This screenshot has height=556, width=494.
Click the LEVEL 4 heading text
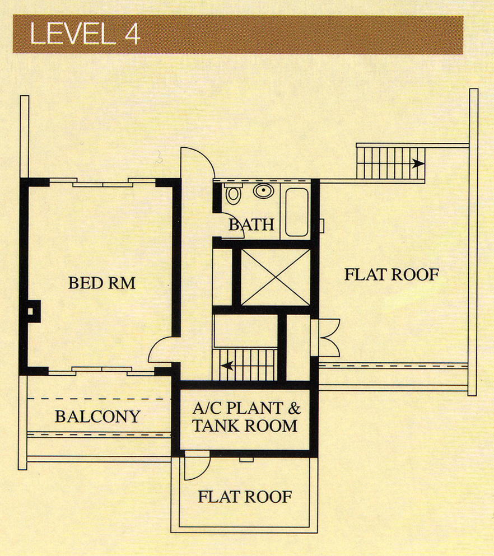[86, 34]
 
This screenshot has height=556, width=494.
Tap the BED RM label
[102, 283]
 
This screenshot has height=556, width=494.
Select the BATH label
[251, 225]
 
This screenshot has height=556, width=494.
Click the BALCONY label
[97, 416]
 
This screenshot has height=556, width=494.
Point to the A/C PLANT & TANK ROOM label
[246, 417]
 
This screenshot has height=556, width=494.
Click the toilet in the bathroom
[232, 193]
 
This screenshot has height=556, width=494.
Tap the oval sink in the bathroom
[263, 191]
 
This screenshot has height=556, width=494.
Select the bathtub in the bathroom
[296, 212]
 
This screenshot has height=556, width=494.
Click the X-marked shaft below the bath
[276, 277]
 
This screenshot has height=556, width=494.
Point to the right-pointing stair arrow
[418, 163]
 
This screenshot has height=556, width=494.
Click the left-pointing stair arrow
[227, 365]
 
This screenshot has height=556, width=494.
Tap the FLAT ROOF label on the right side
[392, 275]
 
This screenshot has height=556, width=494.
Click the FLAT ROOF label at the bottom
[245, 497]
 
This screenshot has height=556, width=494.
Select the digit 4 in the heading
[132, 34]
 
